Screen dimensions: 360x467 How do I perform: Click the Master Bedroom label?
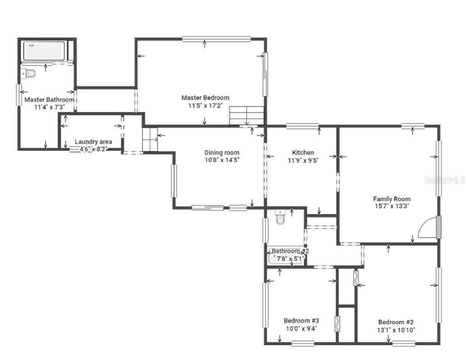[x=205, y=98]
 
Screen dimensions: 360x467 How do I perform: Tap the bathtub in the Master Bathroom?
[x=44, y=50]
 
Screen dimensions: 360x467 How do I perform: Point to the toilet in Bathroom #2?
[x=280, y=217]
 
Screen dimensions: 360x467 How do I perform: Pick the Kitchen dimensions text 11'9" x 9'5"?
[x=303, y=160]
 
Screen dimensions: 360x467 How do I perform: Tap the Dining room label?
[x=222, y=153]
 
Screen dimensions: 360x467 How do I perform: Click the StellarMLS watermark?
[x=444, y=180]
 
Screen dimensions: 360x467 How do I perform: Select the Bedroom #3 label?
[x=301, y=321]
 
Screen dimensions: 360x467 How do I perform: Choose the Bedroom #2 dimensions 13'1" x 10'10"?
[x=396, y=330]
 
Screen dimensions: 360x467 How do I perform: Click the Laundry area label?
[x=93, y=142]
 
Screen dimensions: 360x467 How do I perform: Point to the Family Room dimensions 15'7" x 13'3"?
[x=391, y=206]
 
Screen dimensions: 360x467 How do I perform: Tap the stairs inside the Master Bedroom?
[x=246, y=115]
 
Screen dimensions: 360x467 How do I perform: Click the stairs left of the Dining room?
[x=149, y=139]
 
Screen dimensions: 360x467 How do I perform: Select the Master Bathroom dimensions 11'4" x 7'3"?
[x=49, y=107]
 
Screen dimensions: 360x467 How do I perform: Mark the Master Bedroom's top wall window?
[x=216, y=39]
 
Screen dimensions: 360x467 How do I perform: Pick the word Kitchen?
[x=303, y=153]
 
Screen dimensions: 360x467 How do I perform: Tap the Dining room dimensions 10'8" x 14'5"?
[x=222, y=160]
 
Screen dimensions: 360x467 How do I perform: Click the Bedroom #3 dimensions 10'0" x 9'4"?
[x=301, y=328]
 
